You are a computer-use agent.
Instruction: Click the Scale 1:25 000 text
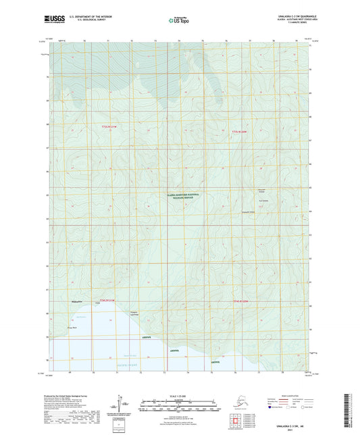pos(179,396)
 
